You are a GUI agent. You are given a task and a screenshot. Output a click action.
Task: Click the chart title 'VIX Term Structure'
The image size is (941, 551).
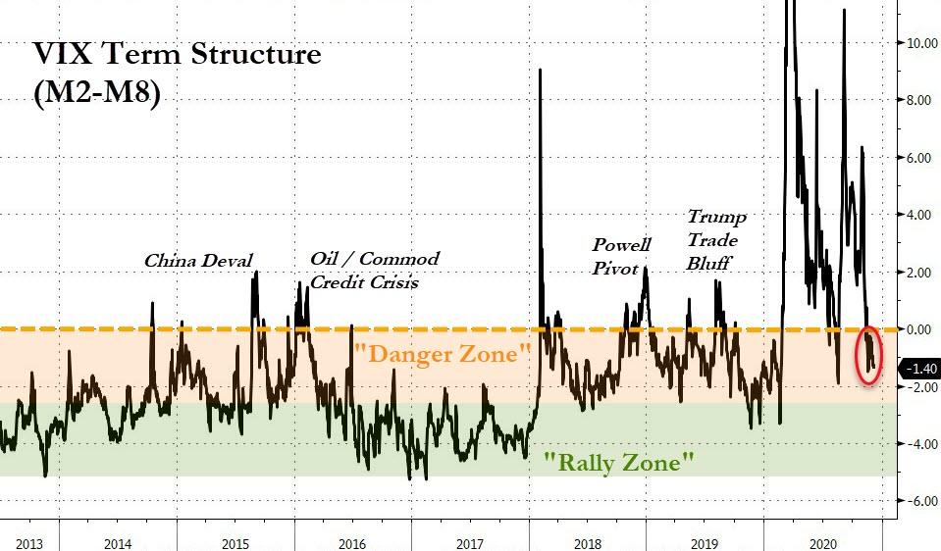[x=177, y=54]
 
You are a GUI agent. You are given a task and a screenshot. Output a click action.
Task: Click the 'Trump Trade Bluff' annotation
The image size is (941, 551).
[x=716, y=238]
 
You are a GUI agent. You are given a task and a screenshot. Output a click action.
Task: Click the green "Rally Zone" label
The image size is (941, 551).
[x=618, y=461]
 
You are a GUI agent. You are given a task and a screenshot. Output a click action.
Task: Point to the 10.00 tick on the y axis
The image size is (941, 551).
[x=920, y=43]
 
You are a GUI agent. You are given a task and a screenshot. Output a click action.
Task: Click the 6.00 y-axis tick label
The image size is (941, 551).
[x=920, y=158]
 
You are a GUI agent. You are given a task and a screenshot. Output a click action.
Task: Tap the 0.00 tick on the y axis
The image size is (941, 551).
[x=920, y=329]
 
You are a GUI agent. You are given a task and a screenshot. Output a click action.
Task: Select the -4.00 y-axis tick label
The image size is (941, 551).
[x=920, y=444]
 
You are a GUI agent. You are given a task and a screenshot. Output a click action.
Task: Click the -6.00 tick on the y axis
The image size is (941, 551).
[x=920, y=501]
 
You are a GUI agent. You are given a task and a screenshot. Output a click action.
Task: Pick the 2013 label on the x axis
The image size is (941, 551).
[x=28, y=542]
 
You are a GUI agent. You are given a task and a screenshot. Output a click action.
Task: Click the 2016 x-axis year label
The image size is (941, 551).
[x=351, y=542]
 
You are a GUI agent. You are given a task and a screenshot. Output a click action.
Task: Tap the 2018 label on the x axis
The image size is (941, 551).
[x=587, y=542]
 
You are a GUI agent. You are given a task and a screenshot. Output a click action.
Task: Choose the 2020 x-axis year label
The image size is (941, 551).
[x=822, y=542]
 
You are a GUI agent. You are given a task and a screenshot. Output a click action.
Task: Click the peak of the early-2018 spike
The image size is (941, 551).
[x=540, y=71]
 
